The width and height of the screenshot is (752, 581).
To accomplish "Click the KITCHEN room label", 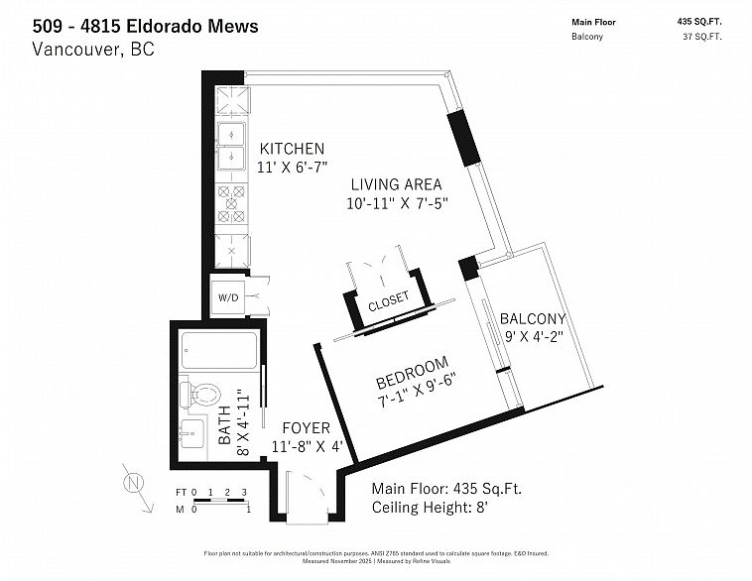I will click(x=292, y=149).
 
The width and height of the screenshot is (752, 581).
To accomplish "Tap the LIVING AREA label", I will click(x=395, y=184).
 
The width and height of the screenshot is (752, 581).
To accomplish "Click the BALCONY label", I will click(x=532, y=319).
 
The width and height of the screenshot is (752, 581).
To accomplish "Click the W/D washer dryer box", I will click(x=227, y=296).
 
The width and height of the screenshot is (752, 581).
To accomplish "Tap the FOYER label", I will click(x=306, y=428).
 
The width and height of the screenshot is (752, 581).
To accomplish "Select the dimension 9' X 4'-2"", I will click(x=534, y=336).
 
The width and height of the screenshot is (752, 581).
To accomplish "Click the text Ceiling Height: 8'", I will click(x=430, y=508).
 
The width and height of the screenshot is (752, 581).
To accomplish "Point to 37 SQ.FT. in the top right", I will click(x=701, y=38).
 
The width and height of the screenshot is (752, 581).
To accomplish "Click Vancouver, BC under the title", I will click(x=93, y=50).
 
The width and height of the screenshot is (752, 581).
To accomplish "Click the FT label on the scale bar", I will click(x=181, y=492).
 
